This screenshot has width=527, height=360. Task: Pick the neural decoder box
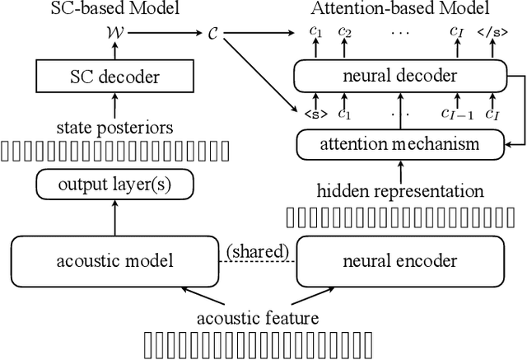[x=400, y=77]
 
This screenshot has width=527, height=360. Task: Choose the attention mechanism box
[x=400, y=144]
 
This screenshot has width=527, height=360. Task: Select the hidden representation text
[x=400, y=191]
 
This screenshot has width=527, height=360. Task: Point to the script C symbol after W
[x=212, y=34]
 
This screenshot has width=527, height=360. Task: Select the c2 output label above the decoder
[x=343, y=32]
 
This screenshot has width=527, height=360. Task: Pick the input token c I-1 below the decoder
[x=455, y=115]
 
